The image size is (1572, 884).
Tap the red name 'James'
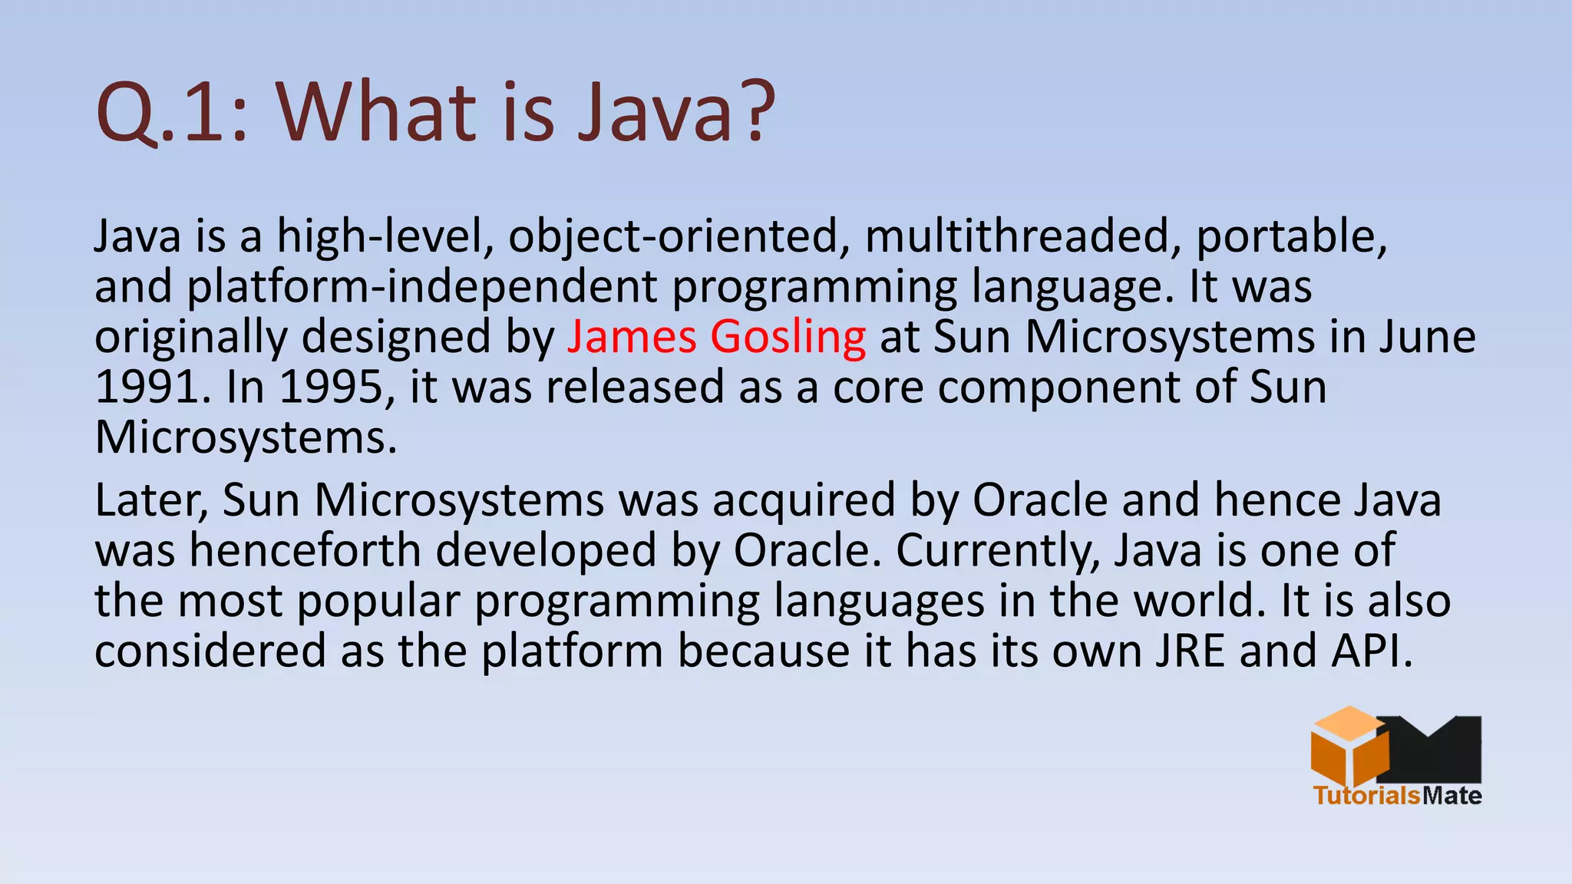[x=632, y=336]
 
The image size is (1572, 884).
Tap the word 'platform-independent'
[x=421, y=287]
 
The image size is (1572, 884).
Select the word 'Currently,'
[x=997, y=551]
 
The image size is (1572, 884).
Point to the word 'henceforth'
[x=305, y=550]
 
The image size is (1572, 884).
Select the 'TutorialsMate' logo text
[x=1396, y=795]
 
